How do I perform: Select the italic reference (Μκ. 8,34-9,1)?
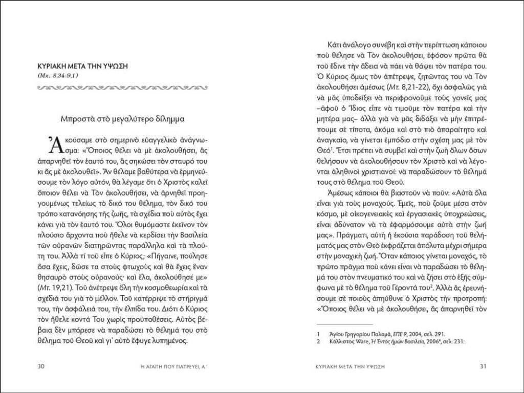[x=58, y=76]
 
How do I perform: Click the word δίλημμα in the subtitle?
[x=170, y=119]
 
